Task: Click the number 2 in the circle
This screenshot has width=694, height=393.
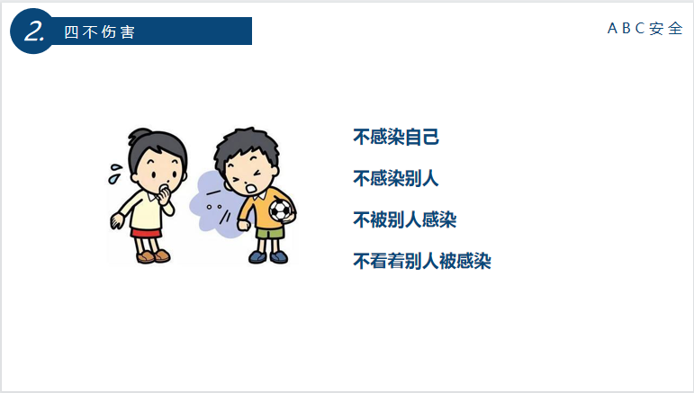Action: [34, 31]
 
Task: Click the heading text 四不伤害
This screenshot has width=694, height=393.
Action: [100, 31]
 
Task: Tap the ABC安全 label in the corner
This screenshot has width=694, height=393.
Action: [645, 28]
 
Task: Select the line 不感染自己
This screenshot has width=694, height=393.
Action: [396, 137]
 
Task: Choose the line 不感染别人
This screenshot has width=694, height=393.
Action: [396, 179]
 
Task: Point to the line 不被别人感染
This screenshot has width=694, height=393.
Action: [404, 219]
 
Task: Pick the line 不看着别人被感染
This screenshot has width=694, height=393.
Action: [422, 261]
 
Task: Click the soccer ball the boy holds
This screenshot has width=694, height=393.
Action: [281, 210]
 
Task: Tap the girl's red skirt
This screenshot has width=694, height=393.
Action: [146, 233]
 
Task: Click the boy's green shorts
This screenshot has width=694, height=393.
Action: [270, 233]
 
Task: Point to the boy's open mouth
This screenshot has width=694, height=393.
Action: [251, 188]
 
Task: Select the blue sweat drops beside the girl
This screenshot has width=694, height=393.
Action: [115, 174]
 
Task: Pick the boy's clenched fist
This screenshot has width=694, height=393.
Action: [243, 225]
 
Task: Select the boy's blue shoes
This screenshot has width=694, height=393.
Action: [268, 256]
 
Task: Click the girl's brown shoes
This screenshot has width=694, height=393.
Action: [153, 256]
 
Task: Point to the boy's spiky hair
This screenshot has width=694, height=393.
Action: [246, 146]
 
